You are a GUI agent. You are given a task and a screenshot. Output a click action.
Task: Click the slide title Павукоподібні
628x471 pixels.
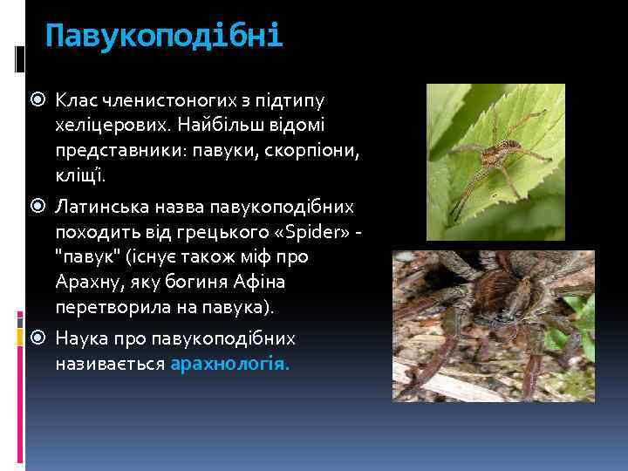pyautogui.click(x=164, y=38)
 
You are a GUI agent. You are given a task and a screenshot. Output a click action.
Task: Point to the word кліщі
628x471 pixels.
pyautogui.click(x=78, y=177)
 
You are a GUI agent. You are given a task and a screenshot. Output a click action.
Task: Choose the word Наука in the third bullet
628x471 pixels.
pyautogui.click(x=81, y=338)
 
